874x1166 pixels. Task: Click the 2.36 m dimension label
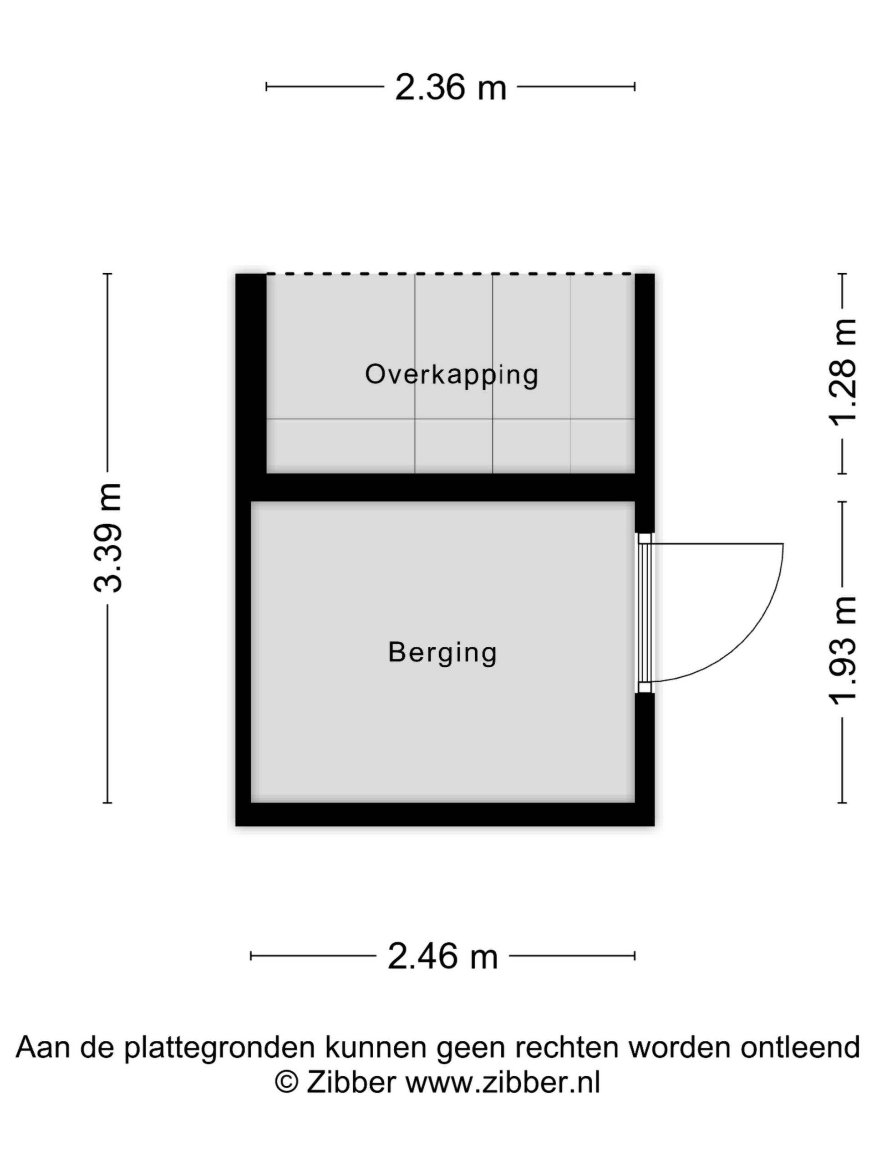[451, 87]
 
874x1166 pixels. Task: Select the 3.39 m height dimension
[108, 537]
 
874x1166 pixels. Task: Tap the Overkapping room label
[452, 375]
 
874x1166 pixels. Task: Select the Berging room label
[442, 653]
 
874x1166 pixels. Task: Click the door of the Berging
[644, 613]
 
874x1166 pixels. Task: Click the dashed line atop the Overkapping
[451, 274]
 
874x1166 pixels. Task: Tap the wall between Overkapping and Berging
[451, 487]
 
